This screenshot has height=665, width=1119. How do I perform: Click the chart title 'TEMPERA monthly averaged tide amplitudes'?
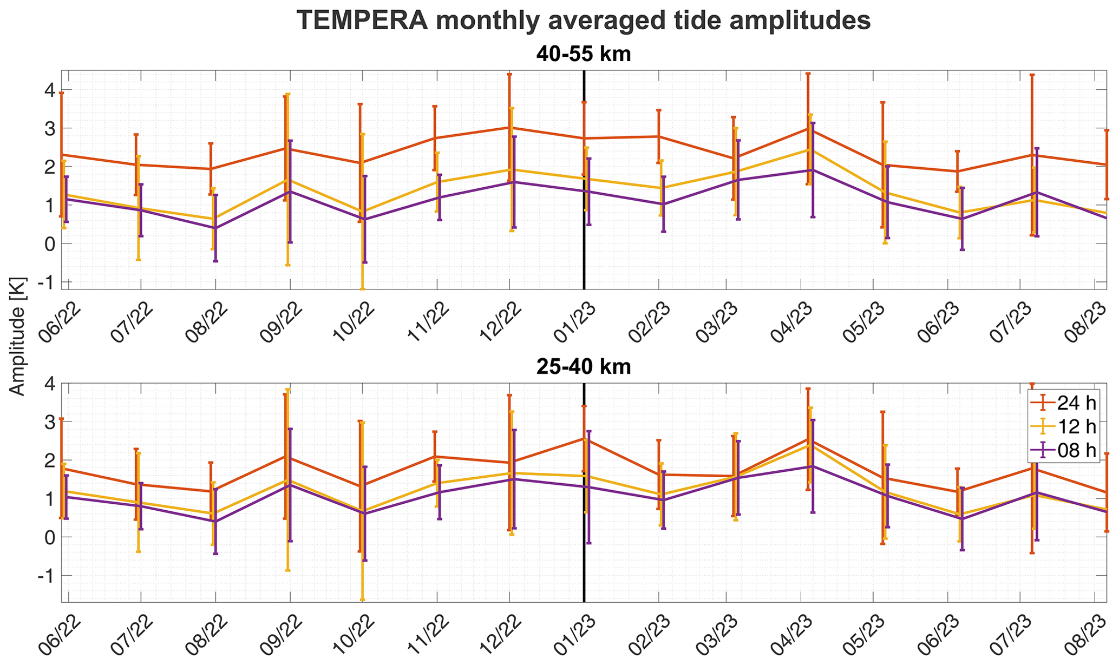pyautogui.click(x=584, y=21)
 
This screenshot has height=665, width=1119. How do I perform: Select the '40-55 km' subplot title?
pyautogui.click(x=584, y=55)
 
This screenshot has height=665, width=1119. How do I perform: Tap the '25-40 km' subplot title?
pyautogui.click(x=584, y=367)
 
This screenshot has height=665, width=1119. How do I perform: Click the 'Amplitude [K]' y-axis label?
pyautogui.click(x=18, y=337)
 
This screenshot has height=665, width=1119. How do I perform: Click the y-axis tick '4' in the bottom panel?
pyautogui.click(x=49, y=384)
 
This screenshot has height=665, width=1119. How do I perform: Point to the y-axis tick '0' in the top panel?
pyautogui.click(x=50, y=243)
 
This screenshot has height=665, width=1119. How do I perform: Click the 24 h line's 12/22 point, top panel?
pyautogui.click(x=509, y=128)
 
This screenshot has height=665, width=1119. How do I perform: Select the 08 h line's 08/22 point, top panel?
pyautogui.click(x=215, y=228)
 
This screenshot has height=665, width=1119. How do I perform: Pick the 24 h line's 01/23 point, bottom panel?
pyautogui.click(x=584, y=438)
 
